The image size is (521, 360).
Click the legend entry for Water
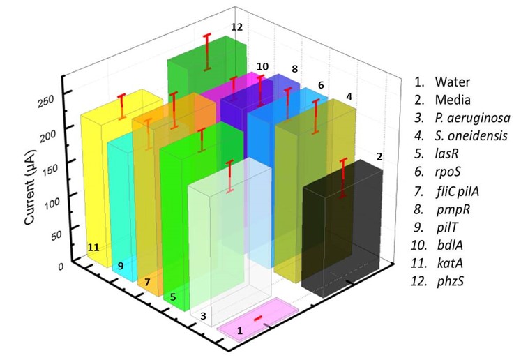click(442, 82)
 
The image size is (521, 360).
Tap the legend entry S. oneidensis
click(461, 135)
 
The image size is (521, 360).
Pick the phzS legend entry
click(437, 281)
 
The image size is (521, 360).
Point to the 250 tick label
click(45, 101)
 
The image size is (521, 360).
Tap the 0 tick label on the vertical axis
click(61, 267)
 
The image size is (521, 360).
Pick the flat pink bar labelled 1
click(257, 320)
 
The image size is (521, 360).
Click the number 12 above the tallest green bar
click(237, 27)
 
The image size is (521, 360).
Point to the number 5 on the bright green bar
click(173, 297)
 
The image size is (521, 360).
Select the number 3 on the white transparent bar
click(204, 316)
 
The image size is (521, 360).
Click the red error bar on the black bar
click(343, 179)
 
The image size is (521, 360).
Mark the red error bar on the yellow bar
click(122, 106)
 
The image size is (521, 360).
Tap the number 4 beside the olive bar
click(349, 96)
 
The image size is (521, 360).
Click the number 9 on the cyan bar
click(121, 266)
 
